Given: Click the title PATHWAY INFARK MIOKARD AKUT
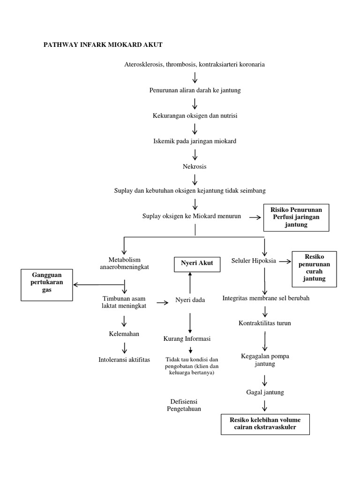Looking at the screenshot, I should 103,45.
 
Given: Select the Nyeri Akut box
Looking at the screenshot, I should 197,263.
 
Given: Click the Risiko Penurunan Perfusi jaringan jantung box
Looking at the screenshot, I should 296,217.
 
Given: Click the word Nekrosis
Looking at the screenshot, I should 195,166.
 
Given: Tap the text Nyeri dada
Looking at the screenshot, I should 190,300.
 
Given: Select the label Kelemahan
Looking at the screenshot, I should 124,334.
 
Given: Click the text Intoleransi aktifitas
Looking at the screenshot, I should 124,360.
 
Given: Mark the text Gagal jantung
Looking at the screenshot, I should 265,392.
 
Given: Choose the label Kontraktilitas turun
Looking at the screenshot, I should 265,323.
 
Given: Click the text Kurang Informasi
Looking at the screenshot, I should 187,338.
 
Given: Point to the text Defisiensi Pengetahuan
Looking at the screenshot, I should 184,405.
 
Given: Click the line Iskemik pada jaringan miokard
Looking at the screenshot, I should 195,141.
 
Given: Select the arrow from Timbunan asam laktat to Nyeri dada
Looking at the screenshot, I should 163,303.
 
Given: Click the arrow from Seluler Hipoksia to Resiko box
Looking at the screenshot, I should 285,261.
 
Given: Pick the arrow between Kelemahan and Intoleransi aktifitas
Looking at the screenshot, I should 124,347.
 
